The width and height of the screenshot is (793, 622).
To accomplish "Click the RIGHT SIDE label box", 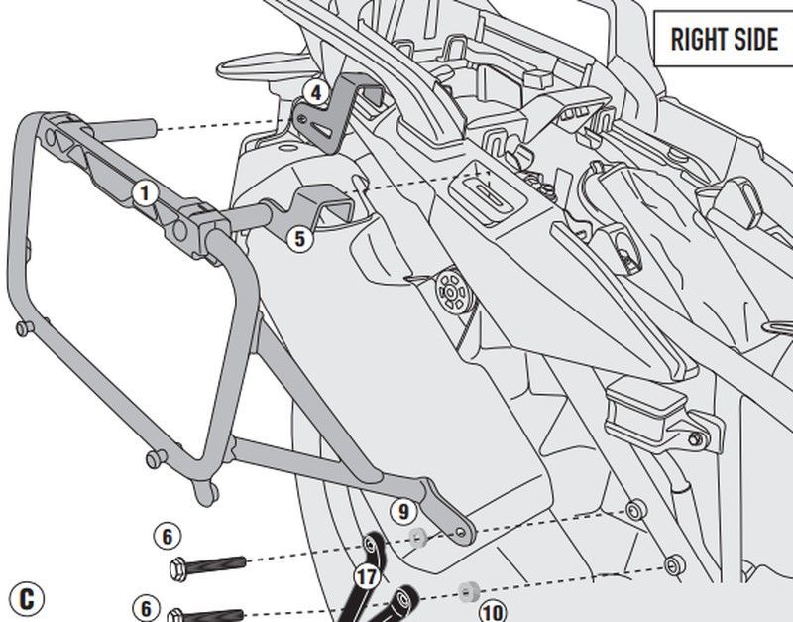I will coord(724,39).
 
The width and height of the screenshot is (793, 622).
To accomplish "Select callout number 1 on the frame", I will coord(144,191).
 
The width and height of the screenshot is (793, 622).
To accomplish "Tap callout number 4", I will coord(314,93).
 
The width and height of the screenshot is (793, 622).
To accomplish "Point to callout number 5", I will coord(298,237).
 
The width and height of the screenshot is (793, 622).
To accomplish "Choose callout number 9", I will coord(400,511).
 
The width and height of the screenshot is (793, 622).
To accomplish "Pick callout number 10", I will coord(493,608).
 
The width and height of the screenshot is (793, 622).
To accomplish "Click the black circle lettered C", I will coord(27,598).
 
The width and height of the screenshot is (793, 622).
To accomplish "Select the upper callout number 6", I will coord(168,536).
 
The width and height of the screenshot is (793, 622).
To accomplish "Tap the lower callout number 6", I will coord(146,606).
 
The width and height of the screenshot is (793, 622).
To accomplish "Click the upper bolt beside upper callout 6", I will coord(212,569).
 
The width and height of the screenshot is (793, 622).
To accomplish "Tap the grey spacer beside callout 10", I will coord(465,591).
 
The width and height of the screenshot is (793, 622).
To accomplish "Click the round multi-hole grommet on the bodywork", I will coord(451,292).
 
